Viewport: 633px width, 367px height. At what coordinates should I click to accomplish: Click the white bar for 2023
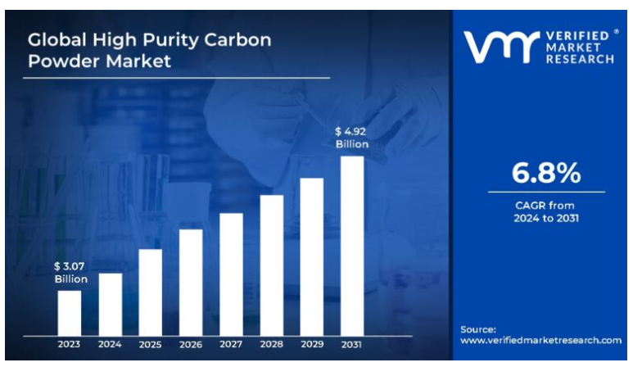[x=70, y=311]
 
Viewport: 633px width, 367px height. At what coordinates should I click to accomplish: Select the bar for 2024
[x=110, y=303]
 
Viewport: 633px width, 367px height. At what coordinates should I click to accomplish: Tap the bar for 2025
[x=150, y=291]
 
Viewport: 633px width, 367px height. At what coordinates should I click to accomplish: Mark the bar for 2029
[x=312, y=256]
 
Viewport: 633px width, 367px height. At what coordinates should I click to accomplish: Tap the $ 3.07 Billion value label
[x=70, y=272]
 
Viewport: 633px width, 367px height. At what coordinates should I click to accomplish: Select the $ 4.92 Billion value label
[x=352, y=137]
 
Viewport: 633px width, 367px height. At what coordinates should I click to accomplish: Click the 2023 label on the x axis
[x=70, y=344]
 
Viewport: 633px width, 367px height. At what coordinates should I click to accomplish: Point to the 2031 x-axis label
[x=352, y=344]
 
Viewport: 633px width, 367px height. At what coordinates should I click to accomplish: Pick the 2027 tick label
[x=231, y=344]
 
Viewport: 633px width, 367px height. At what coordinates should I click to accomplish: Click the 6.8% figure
[x=545, y=173]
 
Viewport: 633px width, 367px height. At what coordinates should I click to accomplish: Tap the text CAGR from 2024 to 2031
[x=545, y=211]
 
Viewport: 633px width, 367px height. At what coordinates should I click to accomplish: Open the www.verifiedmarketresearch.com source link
[x=540, y=340]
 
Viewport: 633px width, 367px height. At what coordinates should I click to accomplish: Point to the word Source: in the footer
[x=477, y=328]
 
